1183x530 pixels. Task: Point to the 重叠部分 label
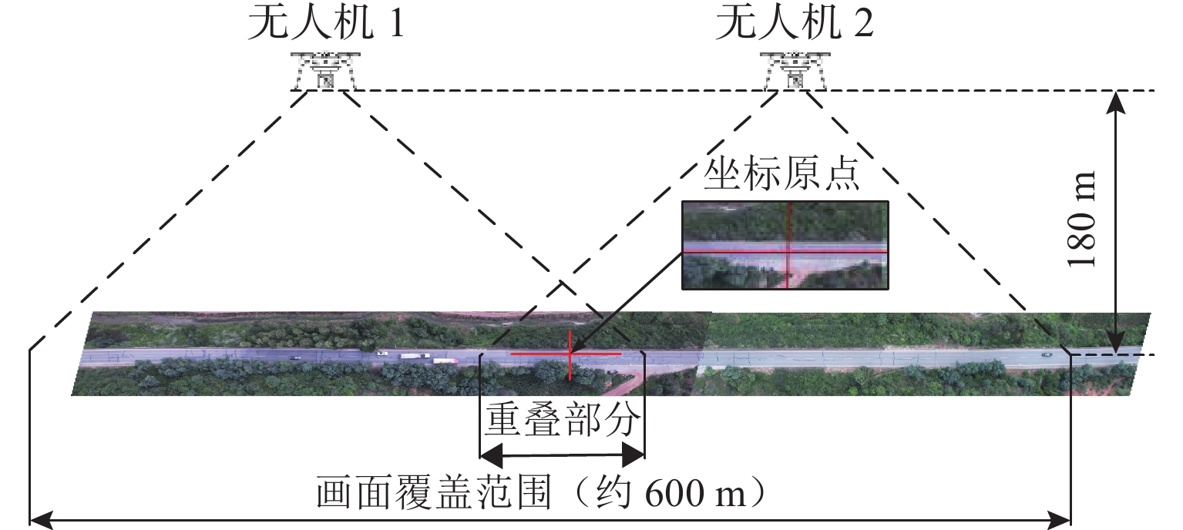click(x=562, y=419)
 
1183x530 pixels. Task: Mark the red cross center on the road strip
click(x=570, y=354)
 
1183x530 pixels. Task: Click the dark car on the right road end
click(x=1046, y=354)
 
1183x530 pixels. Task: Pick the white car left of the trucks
click(x=382, y=354)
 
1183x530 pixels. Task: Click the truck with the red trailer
click(x=445, y=360)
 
